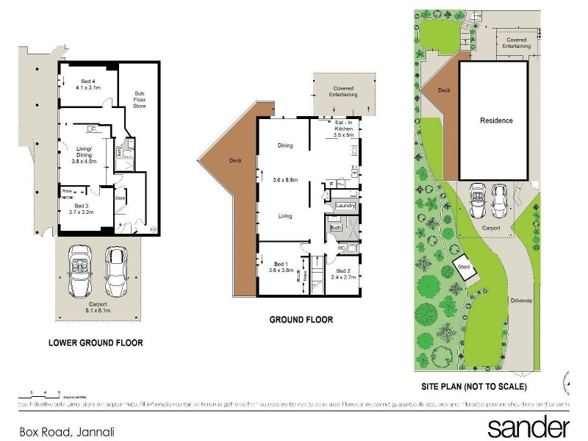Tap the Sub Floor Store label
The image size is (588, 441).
click(140, 100)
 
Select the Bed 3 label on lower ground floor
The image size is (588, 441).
click(82, 209)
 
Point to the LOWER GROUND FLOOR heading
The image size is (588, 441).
click(96, 343)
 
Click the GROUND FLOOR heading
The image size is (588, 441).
click(301, 320)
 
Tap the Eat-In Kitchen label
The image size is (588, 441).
click(344, 129)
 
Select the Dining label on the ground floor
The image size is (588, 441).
click(285, 146)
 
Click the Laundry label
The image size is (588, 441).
click(345, 207)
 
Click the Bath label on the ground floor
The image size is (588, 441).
click(335, 229)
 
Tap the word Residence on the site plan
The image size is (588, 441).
click(496, 121)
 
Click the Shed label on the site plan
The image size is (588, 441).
click(463, 267)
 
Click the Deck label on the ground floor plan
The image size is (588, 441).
click(235, 160)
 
